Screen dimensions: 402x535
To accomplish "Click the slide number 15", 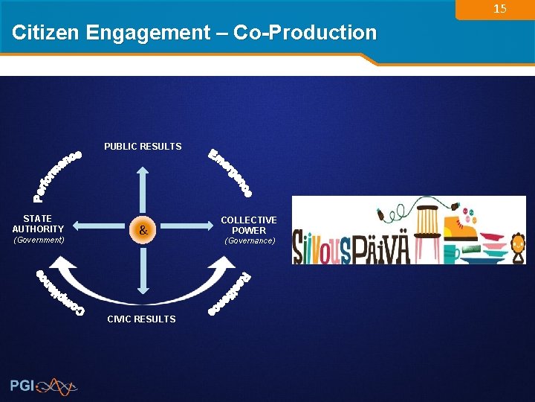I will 500,9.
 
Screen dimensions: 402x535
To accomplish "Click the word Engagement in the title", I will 149,33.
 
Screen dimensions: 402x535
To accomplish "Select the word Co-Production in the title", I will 305,33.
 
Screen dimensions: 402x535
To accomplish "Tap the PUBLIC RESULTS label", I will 143,147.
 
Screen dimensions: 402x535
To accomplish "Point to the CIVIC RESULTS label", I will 141,319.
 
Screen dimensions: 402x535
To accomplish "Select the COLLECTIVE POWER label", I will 249,225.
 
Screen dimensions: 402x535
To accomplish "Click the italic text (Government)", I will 39,240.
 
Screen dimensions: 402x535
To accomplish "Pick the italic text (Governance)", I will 250,241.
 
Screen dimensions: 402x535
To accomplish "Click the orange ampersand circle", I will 143,231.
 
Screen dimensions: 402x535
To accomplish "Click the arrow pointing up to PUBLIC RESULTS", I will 142,186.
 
